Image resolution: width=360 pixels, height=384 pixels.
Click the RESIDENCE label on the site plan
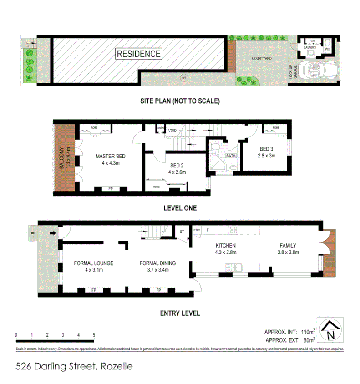[x=139, y=54]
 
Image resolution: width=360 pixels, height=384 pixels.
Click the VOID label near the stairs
[x=172, y=130]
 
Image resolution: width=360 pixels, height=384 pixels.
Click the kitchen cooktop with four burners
[x=234, y=230]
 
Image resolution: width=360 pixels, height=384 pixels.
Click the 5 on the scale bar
[x=94, y=335]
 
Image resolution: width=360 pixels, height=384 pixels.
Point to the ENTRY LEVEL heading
[x=179, y=313]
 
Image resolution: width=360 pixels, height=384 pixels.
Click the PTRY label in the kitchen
[x=197, y=230]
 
